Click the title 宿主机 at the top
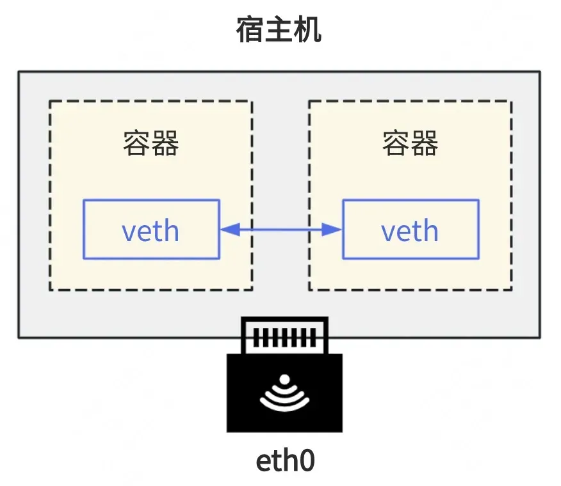(x=279, y=30)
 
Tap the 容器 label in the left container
(x=151, y=143)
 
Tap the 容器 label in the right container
(x=411, y=143)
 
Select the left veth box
(x=151, y=229)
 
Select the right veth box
(x=411, y=229)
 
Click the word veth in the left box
(x=150, y=231)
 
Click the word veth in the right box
(x=410, y=231)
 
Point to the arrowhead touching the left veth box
(x=230, y=230)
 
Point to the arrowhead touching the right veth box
(x=332, y=230)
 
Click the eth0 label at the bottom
(x=286, y=461)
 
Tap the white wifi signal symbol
(x=284, y=393)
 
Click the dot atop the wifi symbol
(x=285, y=379)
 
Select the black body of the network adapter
(x=284, y=393)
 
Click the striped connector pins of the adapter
(x=284, y=338)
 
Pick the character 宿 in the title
(x=250, y=30)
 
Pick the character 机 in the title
(x=307, y=30)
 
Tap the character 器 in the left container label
(x=165, y=143)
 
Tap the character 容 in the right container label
(x=396, y=143)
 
